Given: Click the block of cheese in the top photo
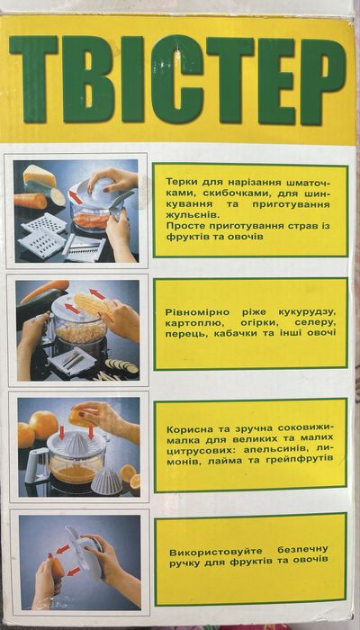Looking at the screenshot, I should click(39, 176).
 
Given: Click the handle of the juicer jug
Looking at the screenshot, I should click(37, 465).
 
